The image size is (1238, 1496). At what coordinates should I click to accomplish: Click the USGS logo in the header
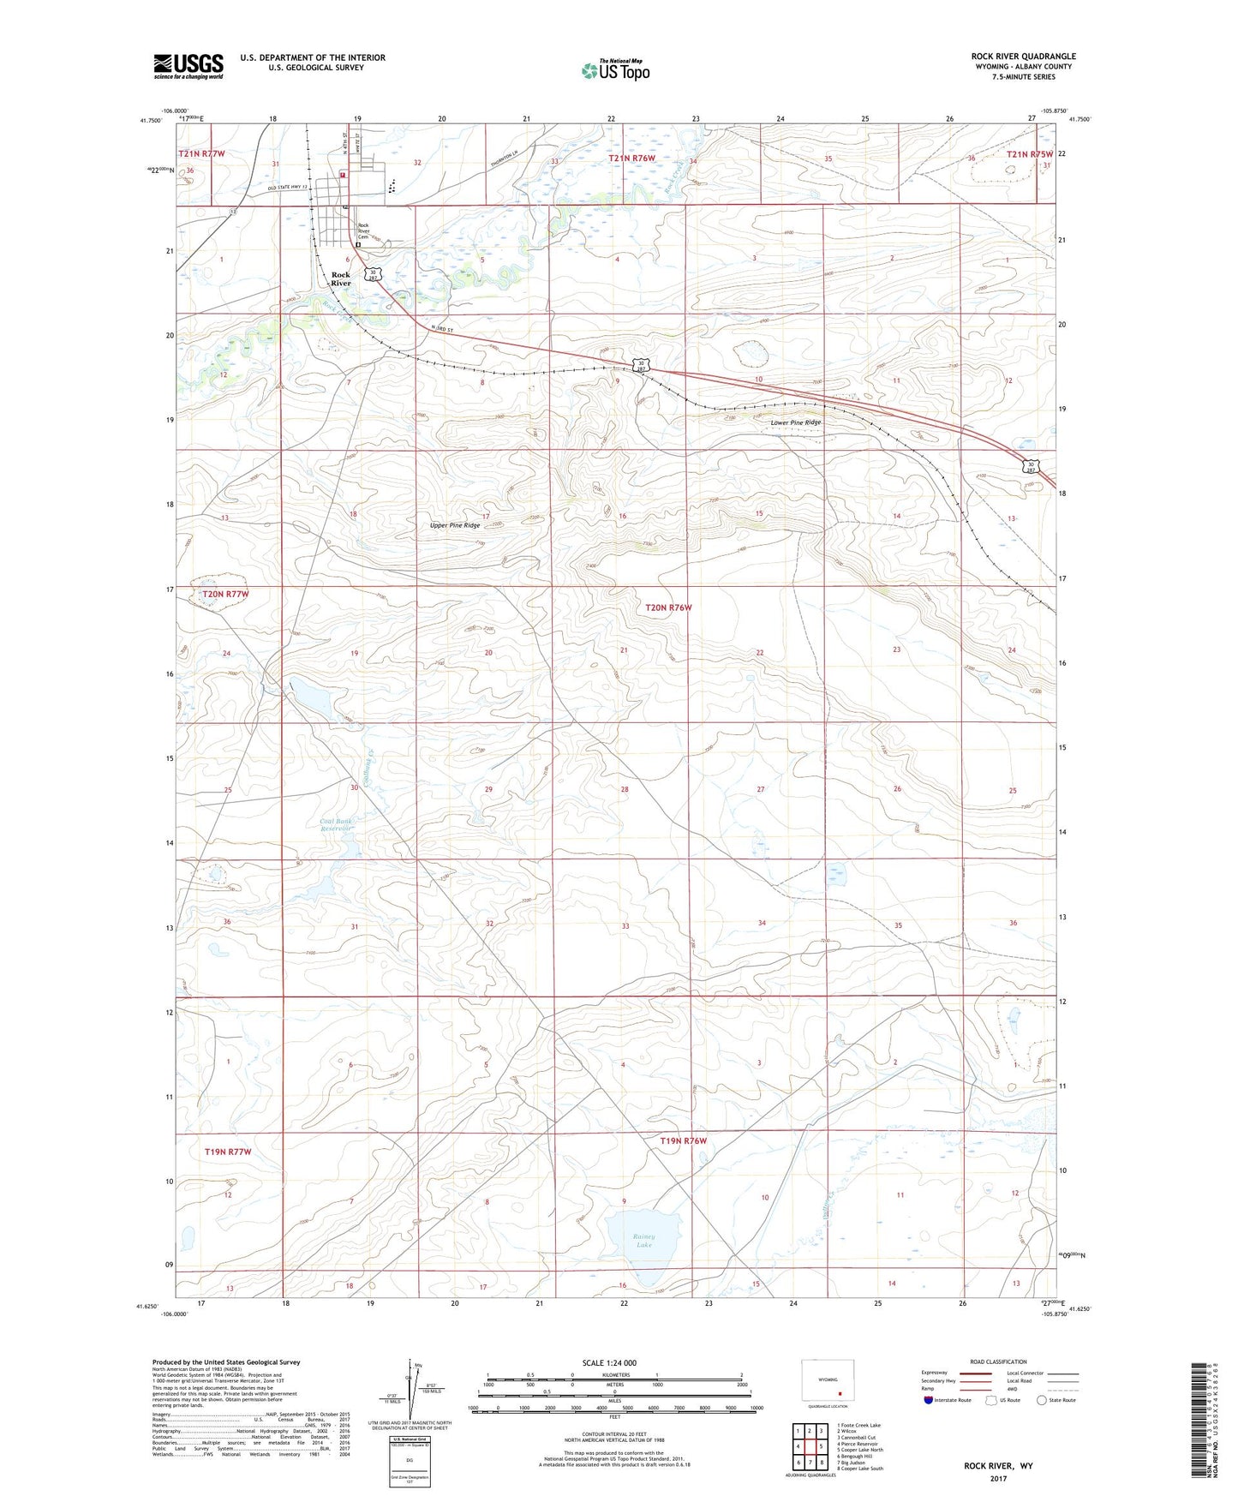click(188, 66)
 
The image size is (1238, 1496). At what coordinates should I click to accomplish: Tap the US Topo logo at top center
click(614, 69)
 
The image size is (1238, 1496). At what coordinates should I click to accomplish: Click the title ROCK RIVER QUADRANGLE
click(1023, 56)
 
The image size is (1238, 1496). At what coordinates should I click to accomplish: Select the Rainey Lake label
click(644, 1240)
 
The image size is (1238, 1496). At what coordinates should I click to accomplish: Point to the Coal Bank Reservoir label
click(336, 824)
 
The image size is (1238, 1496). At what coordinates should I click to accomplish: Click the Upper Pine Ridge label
click(454, 525)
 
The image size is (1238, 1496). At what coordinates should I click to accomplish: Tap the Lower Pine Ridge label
click(795, 422)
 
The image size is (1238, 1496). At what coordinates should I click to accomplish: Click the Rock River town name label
click(341, 278)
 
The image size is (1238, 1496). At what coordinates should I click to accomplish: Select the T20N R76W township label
click(667, 607)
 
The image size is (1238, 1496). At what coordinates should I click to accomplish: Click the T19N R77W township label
click(228, 1152)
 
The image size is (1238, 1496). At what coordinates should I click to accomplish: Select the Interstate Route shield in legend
click(930, 1400)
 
